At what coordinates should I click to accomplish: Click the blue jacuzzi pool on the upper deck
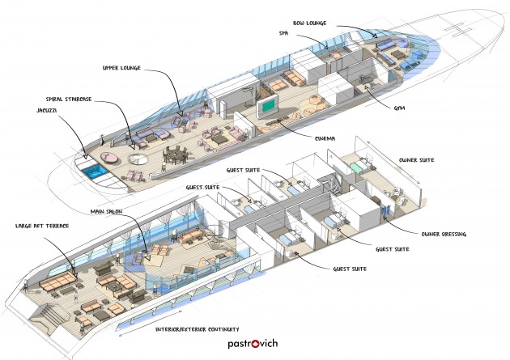click(x=94, y=172)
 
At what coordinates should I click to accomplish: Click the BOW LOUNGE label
click(x=309, y=23)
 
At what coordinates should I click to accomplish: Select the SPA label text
click(x=283, y=33)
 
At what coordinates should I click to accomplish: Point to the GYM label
click(x=399, y=108)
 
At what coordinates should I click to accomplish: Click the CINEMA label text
click(x=325, y=138)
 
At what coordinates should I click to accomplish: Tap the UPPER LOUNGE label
click(x=121, y=68)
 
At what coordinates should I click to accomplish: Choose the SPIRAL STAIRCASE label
click(x=69, y=99)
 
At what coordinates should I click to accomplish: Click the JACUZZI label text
click(x=47, y=111)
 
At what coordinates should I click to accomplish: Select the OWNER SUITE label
click(x=416, y=160)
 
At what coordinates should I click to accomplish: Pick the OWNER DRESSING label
click(x=444, y=234)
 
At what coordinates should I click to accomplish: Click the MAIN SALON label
click(x=106, y=211)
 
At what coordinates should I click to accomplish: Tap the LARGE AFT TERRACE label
click(x=42, y=226)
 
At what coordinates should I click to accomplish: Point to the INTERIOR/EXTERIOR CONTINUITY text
click(x=197, y=329)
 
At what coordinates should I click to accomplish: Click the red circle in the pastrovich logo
click(x=256, y=344)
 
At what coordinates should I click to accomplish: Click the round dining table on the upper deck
click(x=175, y=154)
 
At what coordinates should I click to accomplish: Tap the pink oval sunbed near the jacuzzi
click(x=109, y=158)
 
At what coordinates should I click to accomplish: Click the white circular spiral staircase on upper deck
click(x=138, y=160)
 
